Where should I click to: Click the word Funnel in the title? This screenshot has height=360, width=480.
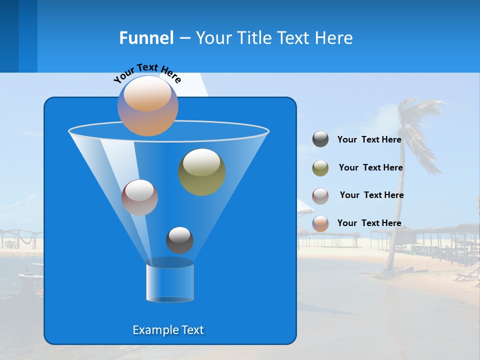click(146, 38)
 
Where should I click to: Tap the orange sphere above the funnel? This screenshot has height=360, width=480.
click(147, 106)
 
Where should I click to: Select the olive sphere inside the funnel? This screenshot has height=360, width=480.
click(202, 171)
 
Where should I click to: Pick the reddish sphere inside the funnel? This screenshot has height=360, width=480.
click(139, 197)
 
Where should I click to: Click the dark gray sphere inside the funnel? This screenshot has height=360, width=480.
click(179, 240)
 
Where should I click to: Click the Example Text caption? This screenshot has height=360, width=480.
click(168, 330)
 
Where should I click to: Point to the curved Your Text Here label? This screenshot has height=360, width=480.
click(147, 72)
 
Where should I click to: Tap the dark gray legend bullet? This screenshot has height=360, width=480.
click(320, 139)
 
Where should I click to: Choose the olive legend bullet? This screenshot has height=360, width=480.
click(320, 168)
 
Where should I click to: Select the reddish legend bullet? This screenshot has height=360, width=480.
click(320, 195)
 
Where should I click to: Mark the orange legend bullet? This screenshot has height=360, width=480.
click(320, 223)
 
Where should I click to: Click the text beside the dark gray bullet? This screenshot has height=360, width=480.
click(369, 139)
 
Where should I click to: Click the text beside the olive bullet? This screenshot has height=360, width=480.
click(370, 167)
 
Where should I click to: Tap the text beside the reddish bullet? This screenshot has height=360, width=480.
click(371, 195)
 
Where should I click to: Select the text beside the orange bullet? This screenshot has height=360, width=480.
click(369, 223)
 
